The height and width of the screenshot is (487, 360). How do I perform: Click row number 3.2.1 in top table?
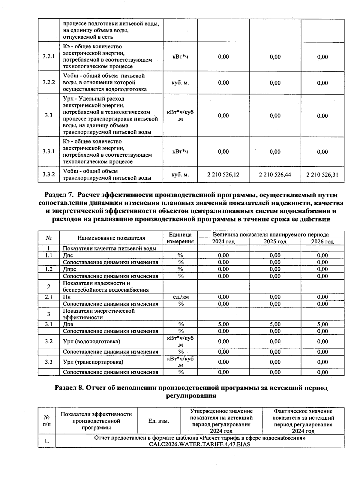pyautogui.click(x=49, y=56)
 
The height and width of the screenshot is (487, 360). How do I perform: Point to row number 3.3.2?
pyautogui.click(x=49, y=174)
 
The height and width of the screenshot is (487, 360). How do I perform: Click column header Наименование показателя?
pyautogui.click(x=111, y=238)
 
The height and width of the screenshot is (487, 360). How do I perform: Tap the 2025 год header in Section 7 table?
pyautogui.click(x=275, y=242)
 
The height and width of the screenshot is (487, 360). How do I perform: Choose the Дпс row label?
pyautogui.click(x=68, y=255)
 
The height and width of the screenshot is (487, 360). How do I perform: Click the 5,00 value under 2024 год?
pyautogui.click(x=223, y=324)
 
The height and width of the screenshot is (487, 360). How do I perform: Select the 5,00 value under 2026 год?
pyautogui.click(x=322, y=324)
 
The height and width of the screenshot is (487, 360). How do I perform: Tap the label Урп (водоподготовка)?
pyautogui.click(x=92, y=341)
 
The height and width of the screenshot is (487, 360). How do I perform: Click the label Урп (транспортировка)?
pyautogui.click(x=93, y=362)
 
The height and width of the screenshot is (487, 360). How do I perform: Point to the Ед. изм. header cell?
pyautogui.click(x=159, y=421)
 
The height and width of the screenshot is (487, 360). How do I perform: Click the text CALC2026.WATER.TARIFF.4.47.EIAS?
pyautogui.click(x=199, y=444)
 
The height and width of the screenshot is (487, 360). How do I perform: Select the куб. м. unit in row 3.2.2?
pyautogui.click(x=180, y=83)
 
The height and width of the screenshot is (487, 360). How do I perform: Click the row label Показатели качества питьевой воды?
pyautogui.click(x=109, y=248)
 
